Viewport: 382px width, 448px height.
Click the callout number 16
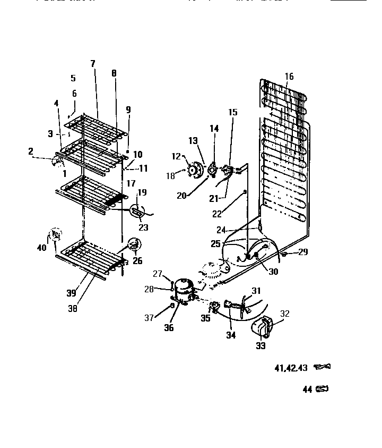pos(289,77)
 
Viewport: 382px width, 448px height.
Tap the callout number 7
pos(93,63)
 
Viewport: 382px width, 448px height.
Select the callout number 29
pos(302,252)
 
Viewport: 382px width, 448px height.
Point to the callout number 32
pos(285,313)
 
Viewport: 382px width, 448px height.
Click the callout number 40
pos(42,247)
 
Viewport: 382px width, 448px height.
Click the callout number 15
pos(233,113)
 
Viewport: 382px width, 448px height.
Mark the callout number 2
pos(31,152)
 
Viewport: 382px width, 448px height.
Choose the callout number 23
pos(143,227)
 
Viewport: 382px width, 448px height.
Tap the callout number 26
pos(138,261)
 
